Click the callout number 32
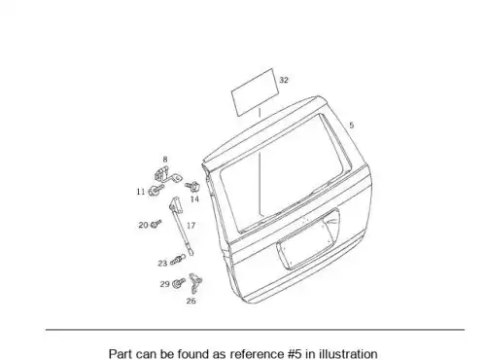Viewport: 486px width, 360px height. (284, 80)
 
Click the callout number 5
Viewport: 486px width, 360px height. (352, 126)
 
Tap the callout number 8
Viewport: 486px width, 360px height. (165, 160)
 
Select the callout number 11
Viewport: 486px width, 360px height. (141, 192)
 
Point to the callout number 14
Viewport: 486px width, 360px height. (194, 199)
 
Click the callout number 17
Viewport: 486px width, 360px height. (191, 225)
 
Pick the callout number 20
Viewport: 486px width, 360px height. (143, 225)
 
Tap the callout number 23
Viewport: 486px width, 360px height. (162, 263)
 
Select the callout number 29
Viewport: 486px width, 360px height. (165, 284)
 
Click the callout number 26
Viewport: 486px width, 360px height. (191, 301)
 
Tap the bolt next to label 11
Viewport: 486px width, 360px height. (156, 190)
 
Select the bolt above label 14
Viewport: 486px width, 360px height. (192, 187)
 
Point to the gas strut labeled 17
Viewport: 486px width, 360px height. (181, 226)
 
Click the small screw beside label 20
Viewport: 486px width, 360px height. (156, 224)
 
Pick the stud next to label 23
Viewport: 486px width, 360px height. (178, 260)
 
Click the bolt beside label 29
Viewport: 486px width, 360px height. (179, 283)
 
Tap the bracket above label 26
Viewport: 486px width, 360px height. (195, 282)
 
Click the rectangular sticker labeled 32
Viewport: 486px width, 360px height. (255, 92)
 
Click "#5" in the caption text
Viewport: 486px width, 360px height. (295, 354)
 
